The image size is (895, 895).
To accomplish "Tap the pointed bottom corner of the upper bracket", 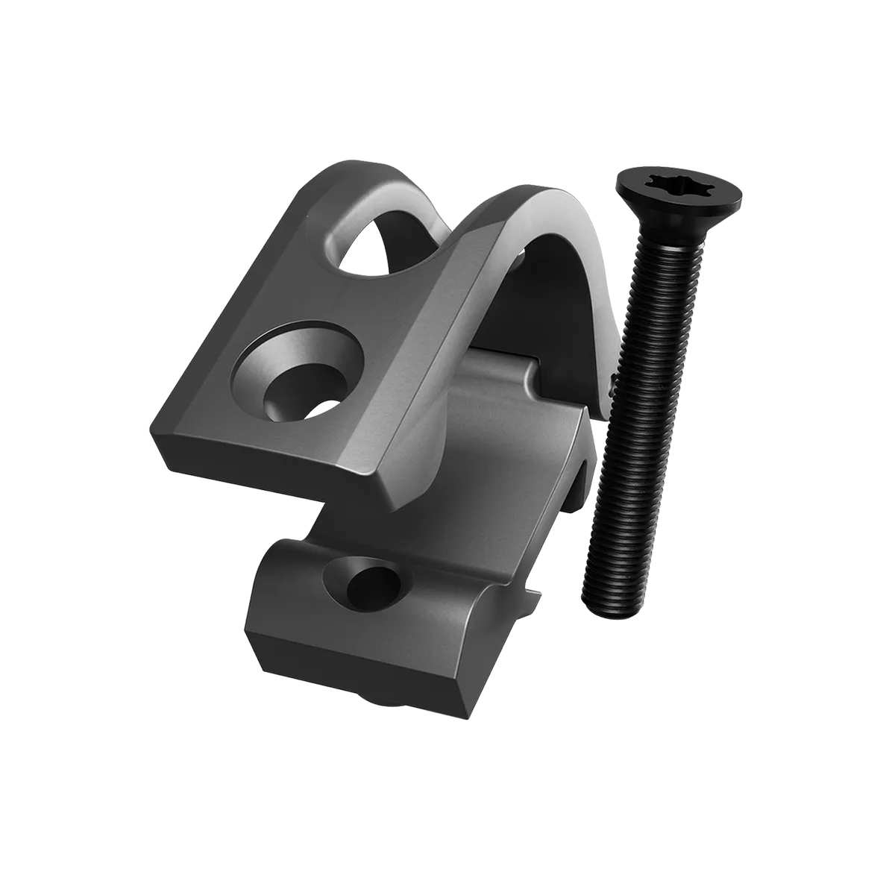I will tap(395, 512).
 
